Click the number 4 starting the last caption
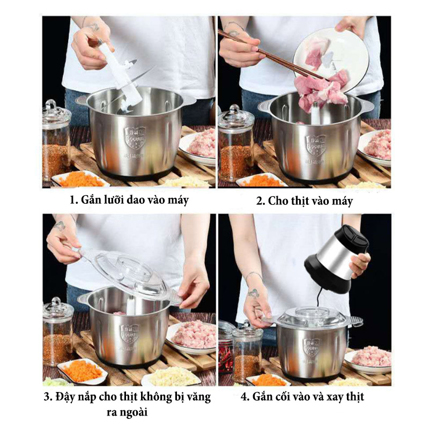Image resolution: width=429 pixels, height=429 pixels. [244, 397]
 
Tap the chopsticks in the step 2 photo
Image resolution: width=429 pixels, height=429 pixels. [271, 55]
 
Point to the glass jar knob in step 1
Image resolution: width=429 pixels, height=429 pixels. [50, 105]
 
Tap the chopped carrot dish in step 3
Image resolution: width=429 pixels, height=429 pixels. [82, 370]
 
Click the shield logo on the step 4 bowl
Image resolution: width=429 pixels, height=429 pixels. [312, 348]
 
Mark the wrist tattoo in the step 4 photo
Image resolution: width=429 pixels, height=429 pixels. [253, 293]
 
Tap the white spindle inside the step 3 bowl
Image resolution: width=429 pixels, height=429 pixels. [131, 306]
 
